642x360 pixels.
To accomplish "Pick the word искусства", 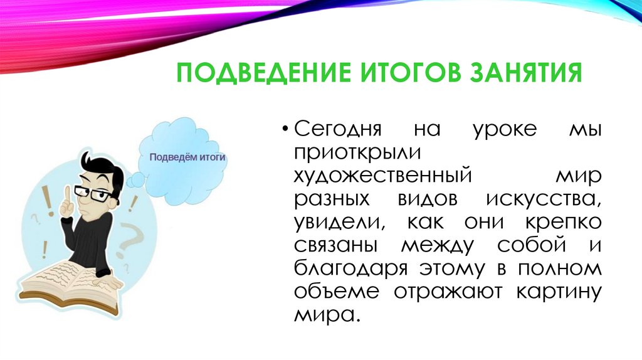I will pos(543,199).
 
